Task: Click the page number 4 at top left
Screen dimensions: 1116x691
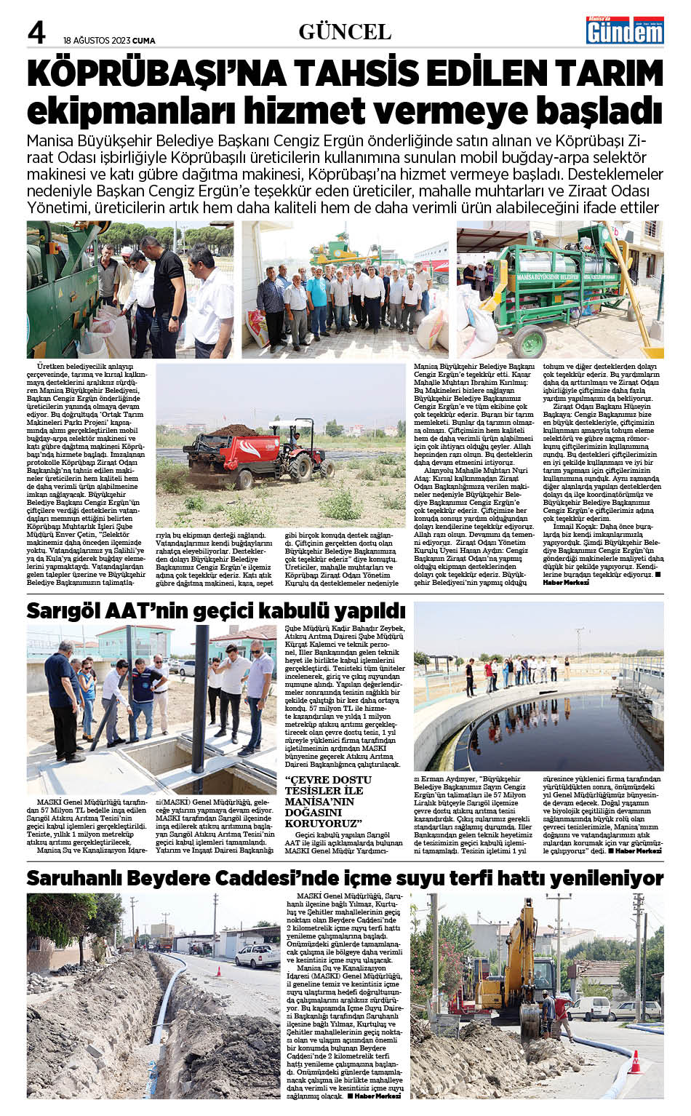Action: [x=36, y=33]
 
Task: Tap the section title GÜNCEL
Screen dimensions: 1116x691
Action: [x=345, y=32]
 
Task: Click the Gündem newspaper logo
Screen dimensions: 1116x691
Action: [x=625, y=31]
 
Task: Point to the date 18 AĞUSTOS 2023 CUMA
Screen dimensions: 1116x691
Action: [x=109, y=41]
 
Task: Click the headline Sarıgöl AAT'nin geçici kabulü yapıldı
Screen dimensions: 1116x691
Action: [x=215, y=611]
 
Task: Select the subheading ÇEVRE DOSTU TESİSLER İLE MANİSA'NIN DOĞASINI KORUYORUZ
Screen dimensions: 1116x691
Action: [x=328, y=801]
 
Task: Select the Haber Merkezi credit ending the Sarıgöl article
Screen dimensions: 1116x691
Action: [x=639, y=850]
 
